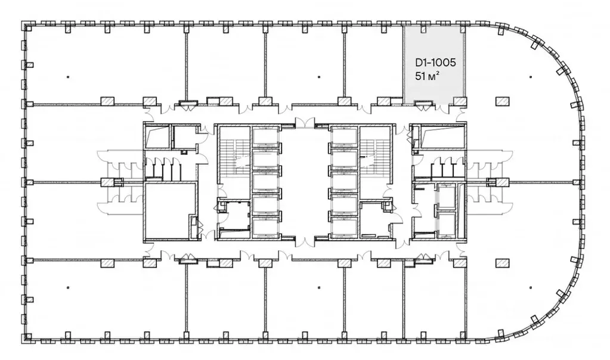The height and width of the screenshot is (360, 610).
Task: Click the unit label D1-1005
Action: click(x=435, y=63)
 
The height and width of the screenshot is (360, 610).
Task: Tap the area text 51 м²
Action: click(x=427, y=76)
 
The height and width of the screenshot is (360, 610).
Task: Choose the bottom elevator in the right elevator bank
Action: click(x=344, y=226)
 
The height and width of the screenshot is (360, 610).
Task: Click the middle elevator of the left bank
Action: click(x=266, y=181)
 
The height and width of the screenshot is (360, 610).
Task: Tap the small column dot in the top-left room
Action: click(x=68, y=77)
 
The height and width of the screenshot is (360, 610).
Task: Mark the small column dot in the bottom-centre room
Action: click(x=319, y=288)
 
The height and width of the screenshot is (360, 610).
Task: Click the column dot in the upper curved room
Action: click(x=531, y=77)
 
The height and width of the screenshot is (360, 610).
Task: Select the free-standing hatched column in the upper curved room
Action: click(x=502, y=101)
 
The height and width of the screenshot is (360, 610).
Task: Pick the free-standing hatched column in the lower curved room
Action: click(x=502, y=263)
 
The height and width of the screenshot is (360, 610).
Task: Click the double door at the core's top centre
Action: click(x=305, y=122)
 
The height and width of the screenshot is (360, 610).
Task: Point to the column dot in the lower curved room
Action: click(x=531, y=288)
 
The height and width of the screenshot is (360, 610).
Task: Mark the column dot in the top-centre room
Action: click(x=319, y=77)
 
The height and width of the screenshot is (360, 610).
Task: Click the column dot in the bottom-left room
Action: click(x=68, y=288)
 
